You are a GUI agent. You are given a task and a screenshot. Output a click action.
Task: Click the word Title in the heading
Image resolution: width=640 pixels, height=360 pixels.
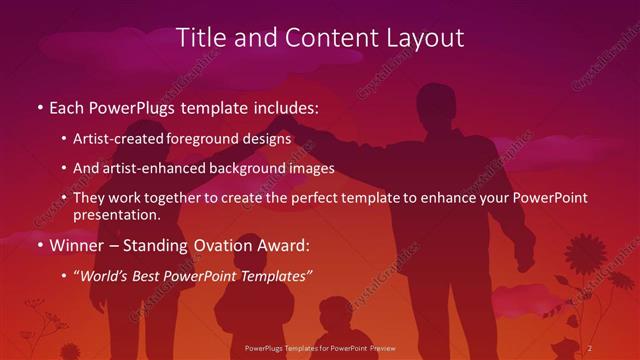[x=201, y=38]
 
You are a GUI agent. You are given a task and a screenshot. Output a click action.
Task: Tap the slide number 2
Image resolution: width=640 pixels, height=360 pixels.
[x=590, y=347]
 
